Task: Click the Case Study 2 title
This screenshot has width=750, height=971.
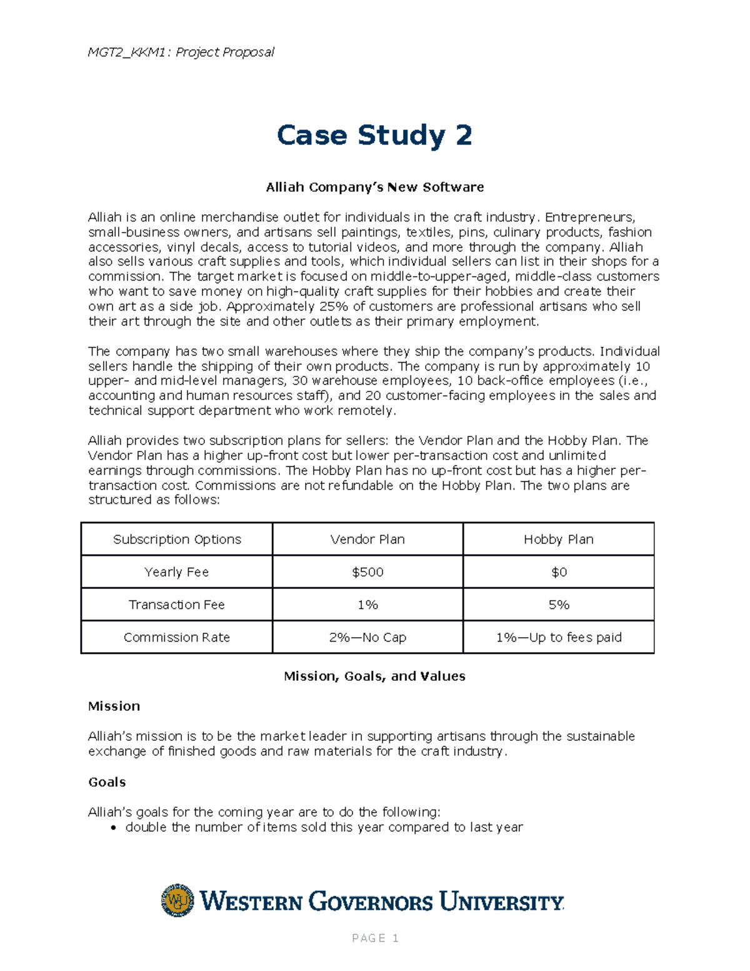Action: click(x=374, y=135)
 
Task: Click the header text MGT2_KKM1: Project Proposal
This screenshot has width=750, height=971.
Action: click(x=181, y=52)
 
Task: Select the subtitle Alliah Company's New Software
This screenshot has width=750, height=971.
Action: click(x=374, y=187)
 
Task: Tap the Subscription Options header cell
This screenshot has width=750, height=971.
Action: click(x=177, y=539)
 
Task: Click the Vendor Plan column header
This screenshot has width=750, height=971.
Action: click(x=367, y=539)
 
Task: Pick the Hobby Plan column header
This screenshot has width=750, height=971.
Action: click(x=558, y=539)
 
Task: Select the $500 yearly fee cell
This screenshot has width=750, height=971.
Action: click(x=367, y=571)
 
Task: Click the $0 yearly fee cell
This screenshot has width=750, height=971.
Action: click(x=558, y=571)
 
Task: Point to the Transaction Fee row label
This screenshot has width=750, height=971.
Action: click(x=177, y=605)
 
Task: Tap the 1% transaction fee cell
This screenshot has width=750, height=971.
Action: click(x=367, y=605)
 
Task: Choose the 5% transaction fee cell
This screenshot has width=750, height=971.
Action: click(x=558, y=605)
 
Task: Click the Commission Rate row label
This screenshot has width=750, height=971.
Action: click(x=177, y=637)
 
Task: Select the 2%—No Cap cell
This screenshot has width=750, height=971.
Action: click(x=367, y=637)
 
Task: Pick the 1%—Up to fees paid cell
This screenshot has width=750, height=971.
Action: click(x=558, y=637)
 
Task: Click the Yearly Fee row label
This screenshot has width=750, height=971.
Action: click(x=177, y=571)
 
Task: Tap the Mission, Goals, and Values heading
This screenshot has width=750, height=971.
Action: click(x=374, y=676)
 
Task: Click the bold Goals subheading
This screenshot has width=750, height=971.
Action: click(x=107, y=782)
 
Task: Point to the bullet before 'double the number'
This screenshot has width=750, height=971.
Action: click(x=113, y=828)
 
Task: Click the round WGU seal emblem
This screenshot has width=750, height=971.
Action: click(x=177, y=900)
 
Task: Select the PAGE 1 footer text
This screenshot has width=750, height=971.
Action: click(x=375, y=938)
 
